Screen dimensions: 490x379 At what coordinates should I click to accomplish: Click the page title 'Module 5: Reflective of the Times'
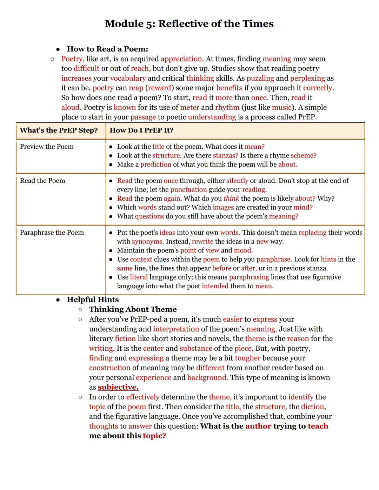pos(189,24)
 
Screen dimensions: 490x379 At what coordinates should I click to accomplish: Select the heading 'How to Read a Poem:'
pos(107,49)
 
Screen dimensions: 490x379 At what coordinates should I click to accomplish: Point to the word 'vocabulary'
pos(128,78)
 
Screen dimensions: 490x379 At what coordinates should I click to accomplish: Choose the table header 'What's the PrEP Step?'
pos(59,130)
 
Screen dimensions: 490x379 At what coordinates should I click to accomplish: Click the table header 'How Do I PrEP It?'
pos(141,130)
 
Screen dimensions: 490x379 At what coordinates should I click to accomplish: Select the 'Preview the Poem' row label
pos(47,147)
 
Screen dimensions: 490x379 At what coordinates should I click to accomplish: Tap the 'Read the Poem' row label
pos(42,181)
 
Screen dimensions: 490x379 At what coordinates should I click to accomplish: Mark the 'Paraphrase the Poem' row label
pos(52,233)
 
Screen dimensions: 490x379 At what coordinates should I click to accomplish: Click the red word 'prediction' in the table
pos(156,165)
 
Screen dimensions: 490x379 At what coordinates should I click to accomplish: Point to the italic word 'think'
pos(231,199)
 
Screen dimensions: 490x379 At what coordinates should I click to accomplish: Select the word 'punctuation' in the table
pos(188,190)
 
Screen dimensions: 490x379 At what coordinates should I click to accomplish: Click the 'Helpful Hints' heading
pos(93,300)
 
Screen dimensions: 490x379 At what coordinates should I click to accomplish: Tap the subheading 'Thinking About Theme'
pos(133,309)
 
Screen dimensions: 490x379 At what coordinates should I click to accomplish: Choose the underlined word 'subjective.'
pos(118,387)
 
